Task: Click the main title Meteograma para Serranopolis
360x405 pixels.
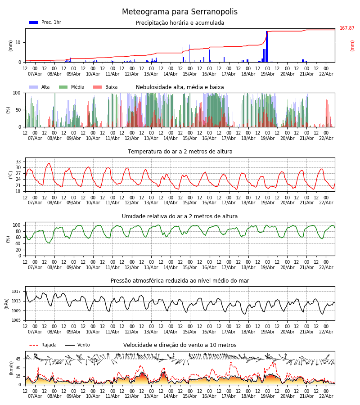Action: point(180,12)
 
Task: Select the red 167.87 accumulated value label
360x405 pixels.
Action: point(347,28)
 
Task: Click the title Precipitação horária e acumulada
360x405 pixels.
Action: point(180,23)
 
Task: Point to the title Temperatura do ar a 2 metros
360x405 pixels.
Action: point(180,152)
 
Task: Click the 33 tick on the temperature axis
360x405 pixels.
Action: point(18,162)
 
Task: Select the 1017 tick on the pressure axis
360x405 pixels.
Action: point(16,291)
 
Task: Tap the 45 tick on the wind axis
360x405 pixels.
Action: point(18,359)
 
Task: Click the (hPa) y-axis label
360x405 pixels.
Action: point(7,303)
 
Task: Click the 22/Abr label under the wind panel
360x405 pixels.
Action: point(326,396)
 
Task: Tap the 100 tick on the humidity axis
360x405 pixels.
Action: point(17,225)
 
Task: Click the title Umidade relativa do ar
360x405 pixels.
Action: point(180,216)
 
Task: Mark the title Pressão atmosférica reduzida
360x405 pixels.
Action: point(180,281)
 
